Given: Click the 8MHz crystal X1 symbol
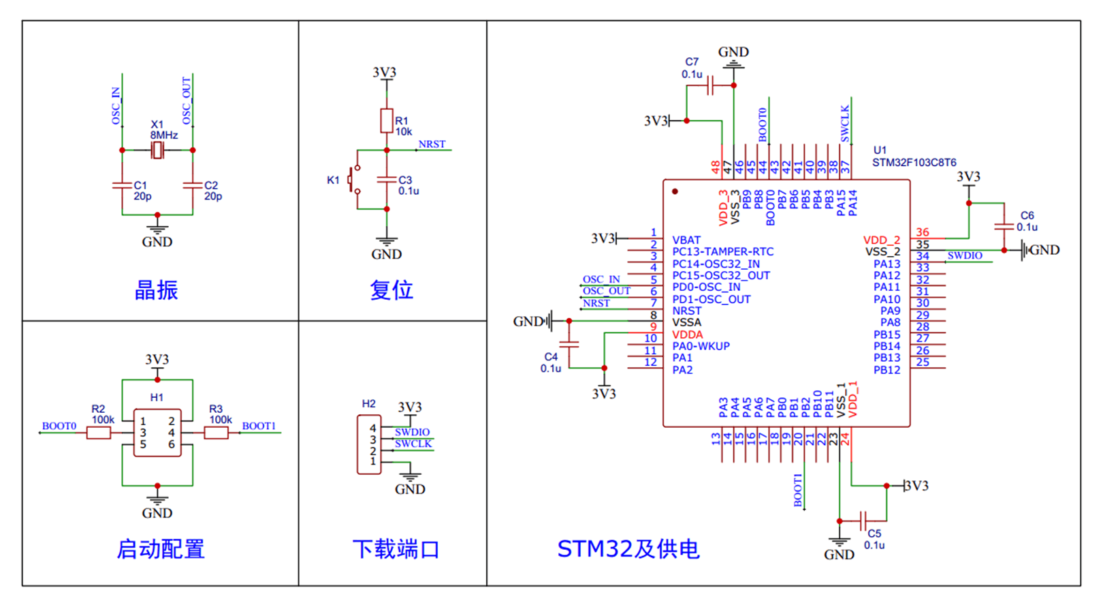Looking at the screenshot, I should [x=157, y=151].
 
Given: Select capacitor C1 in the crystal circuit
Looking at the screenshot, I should [x=122, y=185].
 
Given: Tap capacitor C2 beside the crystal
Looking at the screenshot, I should [x=193, y=185].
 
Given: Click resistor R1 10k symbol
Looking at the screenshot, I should [x=387, y=121].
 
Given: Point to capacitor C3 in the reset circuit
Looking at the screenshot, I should [x=387, y=179].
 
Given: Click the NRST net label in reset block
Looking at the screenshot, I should [x=432, y=144].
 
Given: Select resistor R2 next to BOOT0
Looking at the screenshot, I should [x=99, y=433].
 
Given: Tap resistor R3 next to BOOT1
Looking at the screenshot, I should [x=216, y=433].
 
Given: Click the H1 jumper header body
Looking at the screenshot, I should [x=157, y=433].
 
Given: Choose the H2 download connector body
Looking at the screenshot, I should [x=368, y=445].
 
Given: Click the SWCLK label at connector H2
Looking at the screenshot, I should [x=413, y=443].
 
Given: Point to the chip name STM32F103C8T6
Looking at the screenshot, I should [x=914, y=163].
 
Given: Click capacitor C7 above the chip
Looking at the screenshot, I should [x=710, y=86].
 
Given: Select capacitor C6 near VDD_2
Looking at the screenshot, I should [x=1004, y=226].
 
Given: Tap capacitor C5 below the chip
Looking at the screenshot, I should [x=863, y=521].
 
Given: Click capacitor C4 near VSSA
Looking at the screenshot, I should [x=569, y=344].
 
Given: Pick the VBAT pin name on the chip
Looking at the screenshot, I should [x=686, y=240].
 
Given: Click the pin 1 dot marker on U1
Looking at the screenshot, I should [x=675, y=191].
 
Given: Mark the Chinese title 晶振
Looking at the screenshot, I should [x=157, y=290].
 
